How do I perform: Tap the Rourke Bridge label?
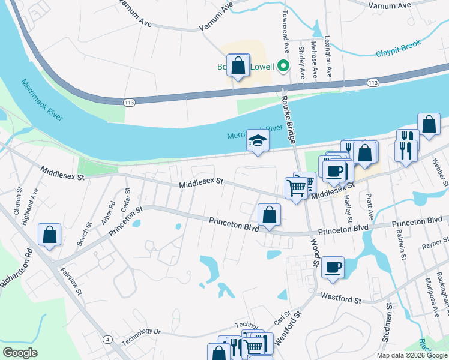coord(291,120)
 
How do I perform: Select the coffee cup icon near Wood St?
coord(332,267)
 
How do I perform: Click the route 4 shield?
coord(107,340)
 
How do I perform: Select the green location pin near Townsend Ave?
coord(283,67)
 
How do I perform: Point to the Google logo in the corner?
coord(20,353)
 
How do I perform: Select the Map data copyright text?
coord(411,355)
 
